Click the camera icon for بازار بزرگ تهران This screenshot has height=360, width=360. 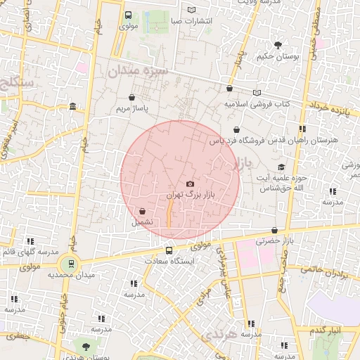[x=190, y=184]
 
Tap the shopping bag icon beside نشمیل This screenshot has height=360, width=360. [x=143, y=211]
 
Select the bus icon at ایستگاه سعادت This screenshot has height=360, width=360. [x=169, y=250]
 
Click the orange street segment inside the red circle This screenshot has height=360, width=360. [x=169, y=215]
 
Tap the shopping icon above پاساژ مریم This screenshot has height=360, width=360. [x=132, y=98]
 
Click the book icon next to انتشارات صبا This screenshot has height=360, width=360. [x=192, y=10]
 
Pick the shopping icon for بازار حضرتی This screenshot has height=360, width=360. [x=274, y=230]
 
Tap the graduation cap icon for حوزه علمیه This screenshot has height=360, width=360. [x=281, y=167]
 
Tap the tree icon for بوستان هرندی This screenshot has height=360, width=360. [x=86, y=346]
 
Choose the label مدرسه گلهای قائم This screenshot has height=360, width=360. [x=28, y=252]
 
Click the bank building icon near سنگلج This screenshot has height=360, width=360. [x=74, y=107]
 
